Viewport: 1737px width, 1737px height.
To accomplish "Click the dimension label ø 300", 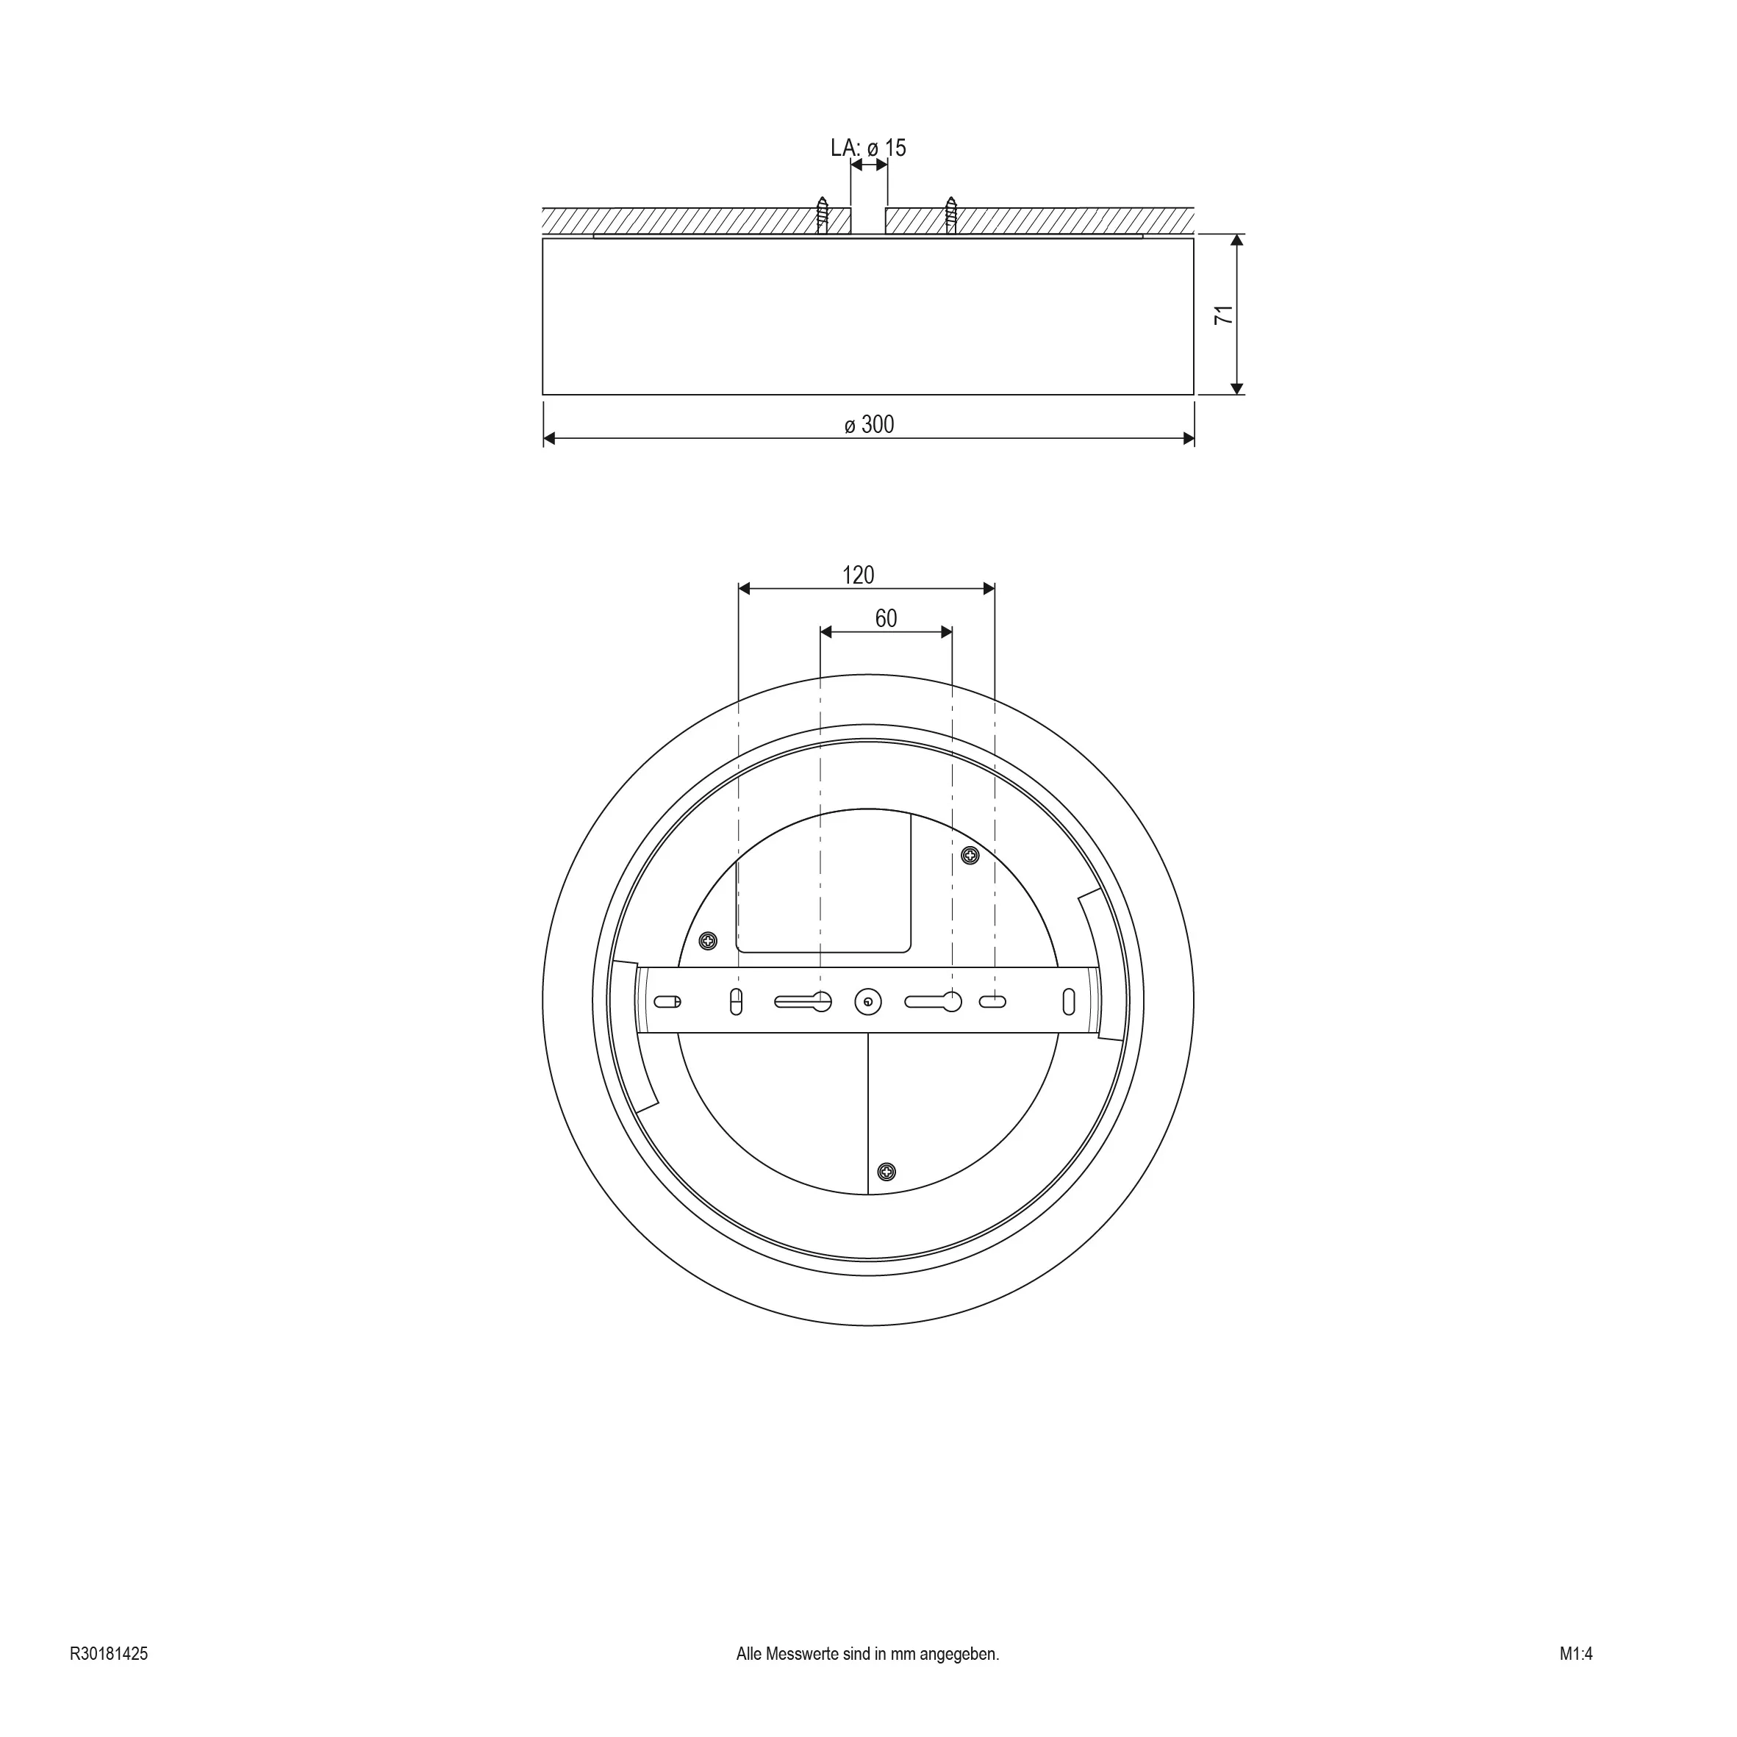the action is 870,424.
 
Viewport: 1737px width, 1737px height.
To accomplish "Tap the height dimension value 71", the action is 1225,315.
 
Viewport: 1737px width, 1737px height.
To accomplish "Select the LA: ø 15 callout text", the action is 869,148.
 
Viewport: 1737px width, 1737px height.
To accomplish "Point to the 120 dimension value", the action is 858,576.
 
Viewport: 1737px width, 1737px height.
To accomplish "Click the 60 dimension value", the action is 886,618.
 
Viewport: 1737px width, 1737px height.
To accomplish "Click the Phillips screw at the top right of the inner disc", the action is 970,856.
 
